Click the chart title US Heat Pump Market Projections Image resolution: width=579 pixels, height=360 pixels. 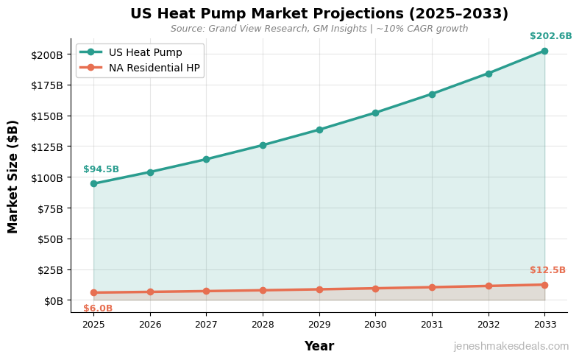coord(319,14)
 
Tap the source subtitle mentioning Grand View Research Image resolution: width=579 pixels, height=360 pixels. coord(319,29)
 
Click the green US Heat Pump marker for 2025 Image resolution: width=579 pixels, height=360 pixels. coord(93,183)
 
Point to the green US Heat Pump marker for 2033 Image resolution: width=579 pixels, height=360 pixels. coord(544,51)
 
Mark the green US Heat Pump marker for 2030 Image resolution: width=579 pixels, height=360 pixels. coord(375,113)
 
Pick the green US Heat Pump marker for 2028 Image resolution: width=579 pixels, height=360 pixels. coord(263,145)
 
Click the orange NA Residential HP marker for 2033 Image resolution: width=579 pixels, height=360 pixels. coord(544,285)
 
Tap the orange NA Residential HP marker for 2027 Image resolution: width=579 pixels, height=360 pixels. coord(206,291)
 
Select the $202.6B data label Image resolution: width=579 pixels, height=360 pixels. coord(550,36)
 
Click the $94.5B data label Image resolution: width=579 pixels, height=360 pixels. coord(101,169)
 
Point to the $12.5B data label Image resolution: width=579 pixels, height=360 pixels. coord(547,270)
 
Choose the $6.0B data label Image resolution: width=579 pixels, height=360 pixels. coord(98,308)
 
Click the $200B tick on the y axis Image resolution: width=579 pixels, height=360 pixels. coord(46,55)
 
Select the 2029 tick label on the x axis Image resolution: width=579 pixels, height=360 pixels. coord(319,324)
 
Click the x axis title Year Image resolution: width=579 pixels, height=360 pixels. coord(319,346)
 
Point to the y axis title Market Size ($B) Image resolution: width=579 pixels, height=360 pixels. coord(13,177)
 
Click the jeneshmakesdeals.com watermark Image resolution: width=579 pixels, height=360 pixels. coord(511,346)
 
